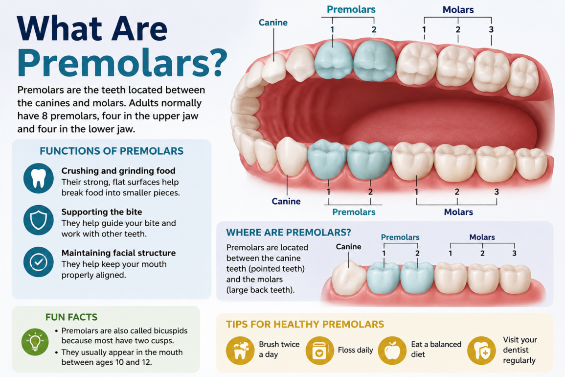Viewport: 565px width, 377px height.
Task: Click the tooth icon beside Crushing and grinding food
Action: coord(39,178)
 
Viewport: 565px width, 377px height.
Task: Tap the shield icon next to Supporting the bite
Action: coord(39,220)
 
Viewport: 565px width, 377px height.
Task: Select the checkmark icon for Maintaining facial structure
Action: coord(39,262)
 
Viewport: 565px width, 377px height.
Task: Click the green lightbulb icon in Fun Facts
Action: coord(35,342)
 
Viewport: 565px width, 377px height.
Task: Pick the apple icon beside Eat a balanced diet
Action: coord(392,350)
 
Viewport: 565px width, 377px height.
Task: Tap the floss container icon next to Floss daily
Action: coord(319,350)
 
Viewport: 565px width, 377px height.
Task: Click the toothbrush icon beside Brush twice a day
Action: coord(240,350)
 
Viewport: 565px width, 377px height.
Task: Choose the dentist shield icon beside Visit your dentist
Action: coord(481,350)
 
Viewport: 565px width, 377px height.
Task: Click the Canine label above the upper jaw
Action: coord(273,23)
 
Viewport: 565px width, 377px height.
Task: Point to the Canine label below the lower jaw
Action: coord(286,201)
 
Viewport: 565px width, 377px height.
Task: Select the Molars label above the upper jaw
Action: coord(458,10)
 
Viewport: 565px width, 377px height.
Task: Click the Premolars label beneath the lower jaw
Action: coord(354,212)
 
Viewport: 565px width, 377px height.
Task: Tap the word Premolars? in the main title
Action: coord(122,62)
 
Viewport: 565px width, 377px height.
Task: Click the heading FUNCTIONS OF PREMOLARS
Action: coord(112,151)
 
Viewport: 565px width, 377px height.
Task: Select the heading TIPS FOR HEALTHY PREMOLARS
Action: coord(305,324)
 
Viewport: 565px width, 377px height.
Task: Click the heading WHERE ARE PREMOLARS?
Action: coord(289,233)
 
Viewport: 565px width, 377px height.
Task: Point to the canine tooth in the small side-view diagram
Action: coord(349,278)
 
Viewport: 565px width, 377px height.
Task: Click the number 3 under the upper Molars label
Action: coord(491,29)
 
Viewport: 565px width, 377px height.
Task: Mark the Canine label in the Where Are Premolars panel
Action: coord(348,247)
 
